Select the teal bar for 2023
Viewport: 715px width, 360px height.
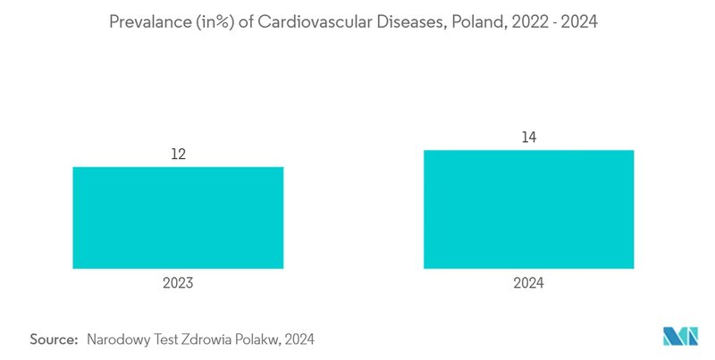click(178, 217)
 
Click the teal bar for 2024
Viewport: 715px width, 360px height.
click(529, 209)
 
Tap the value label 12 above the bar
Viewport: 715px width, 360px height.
click(178, 155)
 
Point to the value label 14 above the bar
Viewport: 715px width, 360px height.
click(529, 138)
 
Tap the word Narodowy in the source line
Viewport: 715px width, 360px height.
click(117, 339)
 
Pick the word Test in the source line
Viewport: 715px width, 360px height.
click(167, 339)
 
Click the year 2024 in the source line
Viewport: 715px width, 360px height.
click(301, 339)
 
